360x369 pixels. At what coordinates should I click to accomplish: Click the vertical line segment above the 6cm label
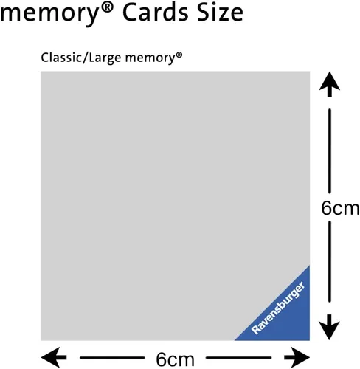[x=330, y=148]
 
